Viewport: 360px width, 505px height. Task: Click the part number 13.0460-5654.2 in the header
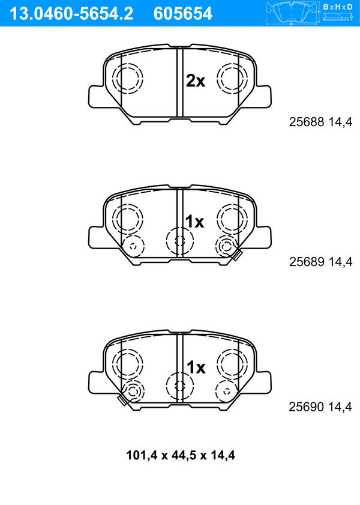[71, 14]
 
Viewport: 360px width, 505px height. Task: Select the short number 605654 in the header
[183, 14]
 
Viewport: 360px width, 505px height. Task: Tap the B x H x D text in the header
[338, 7]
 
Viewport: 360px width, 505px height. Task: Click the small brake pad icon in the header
[292, 13]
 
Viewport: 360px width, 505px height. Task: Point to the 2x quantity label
[195, 81]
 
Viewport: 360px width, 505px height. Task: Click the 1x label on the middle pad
[194, 222]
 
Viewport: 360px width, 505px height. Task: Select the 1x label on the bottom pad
[196, 367]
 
